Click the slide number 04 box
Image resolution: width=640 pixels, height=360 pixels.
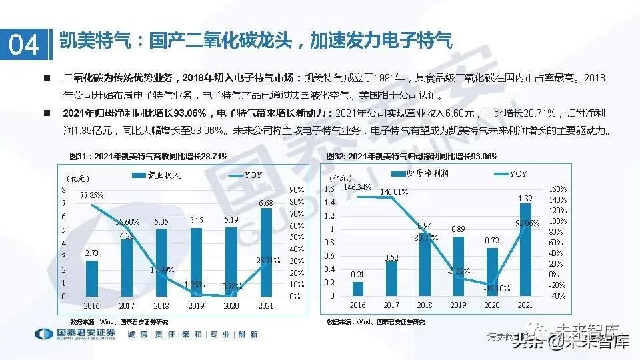24,44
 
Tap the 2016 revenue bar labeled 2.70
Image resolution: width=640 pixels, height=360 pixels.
93,279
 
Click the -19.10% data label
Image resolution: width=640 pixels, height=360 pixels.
496,288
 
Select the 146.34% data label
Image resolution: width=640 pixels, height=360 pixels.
358,187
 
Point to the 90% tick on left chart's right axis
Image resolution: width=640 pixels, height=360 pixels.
297,190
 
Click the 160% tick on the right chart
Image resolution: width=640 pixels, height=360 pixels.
557,189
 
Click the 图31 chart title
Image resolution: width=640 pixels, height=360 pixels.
148,156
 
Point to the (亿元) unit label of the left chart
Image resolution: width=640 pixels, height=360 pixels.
77,178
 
